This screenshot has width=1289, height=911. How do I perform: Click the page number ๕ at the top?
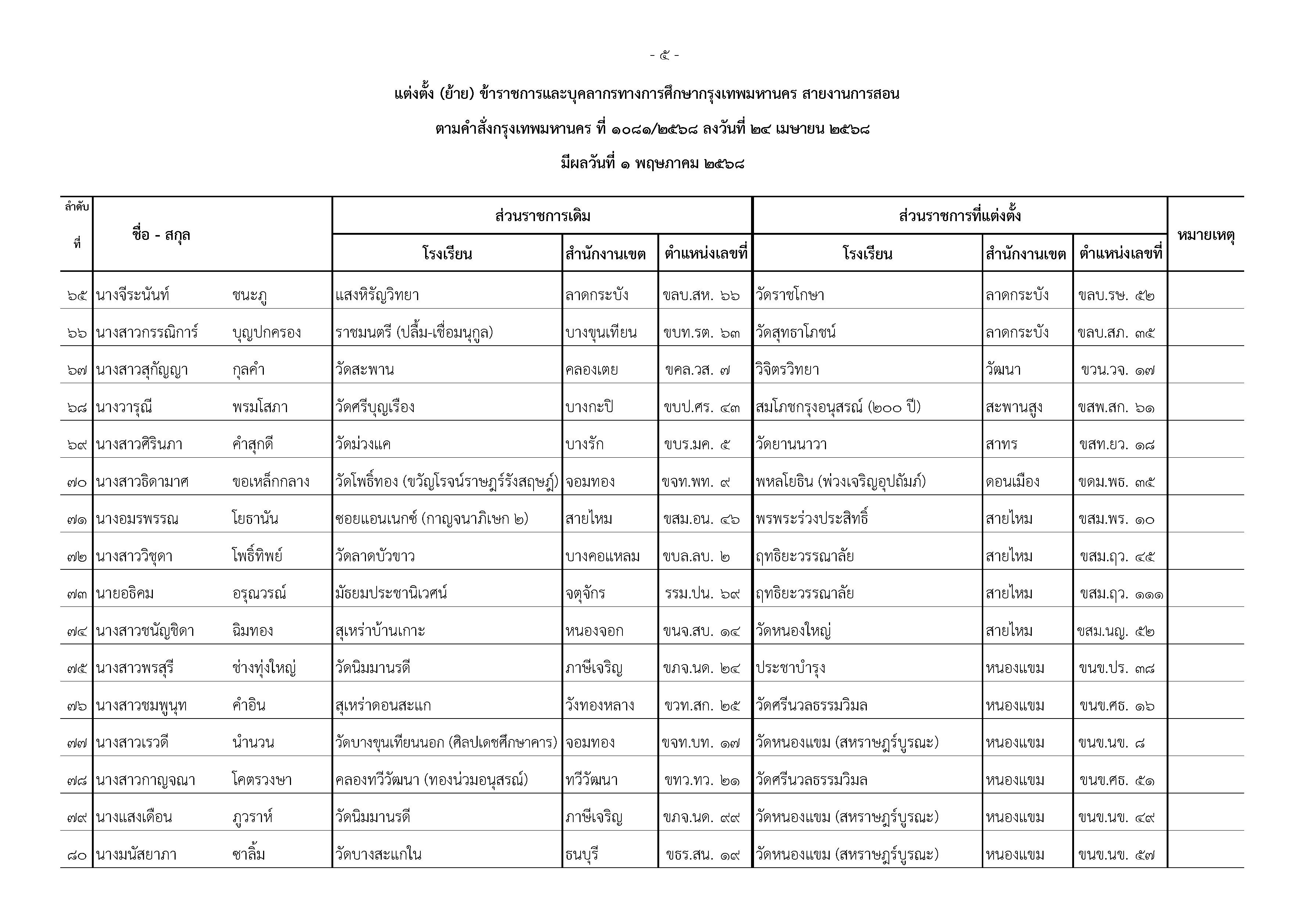click(664, 55)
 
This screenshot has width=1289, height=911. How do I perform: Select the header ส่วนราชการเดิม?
click(542, 216)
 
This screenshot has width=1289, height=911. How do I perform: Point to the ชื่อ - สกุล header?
click(161, 235)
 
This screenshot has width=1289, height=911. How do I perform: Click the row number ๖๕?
click(77, 296)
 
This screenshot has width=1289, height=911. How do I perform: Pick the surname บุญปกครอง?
click(267, 333)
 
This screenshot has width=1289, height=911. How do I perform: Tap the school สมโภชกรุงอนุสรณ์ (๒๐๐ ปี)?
click(838, 407)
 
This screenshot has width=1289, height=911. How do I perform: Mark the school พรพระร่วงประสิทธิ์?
click(812, 519)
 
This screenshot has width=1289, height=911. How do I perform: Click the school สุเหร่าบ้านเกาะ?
click(380, 631)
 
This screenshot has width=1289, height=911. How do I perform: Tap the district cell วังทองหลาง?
click(600, 706)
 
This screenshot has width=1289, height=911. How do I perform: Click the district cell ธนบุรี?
click(582, 855)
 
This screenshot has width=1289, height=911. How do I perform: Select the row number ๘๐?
click(77, 855)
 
